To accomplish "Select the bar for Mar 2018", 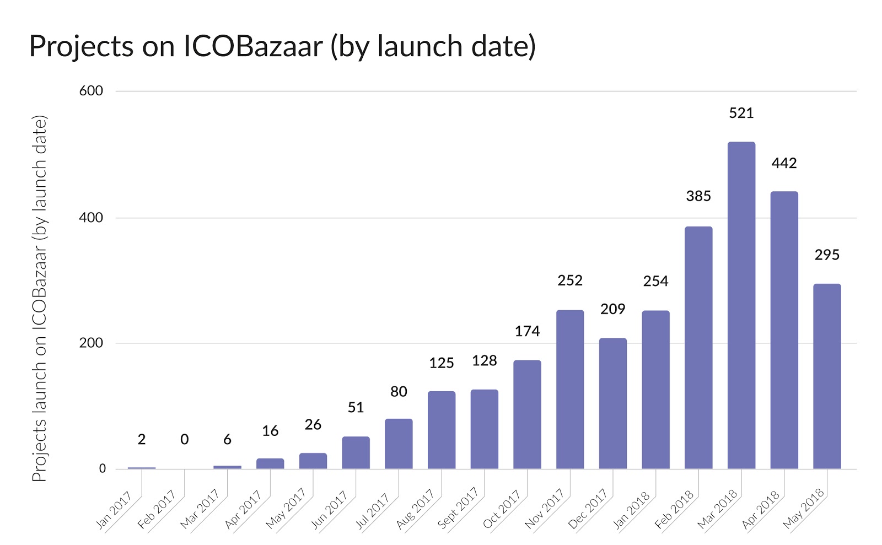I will click(x=741, y=306).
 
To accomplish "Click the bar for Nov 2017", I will click(x=569, y=390).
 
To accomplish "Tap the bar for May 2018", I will click(x=827, y=376).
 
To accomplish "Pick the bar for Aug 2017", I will click(x=441, y=430).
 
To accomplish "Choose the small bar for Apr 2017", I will click(x=270, y=463).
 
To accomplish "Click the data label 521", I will click(x=741, y=113).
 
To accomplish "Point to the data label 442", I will click(x=784, y=163).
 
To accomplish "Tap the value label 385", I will click(x=698, y=196).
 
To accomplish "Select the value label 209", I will click(x=612, y=309).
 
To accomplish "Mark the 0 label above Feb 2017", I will click(x=184, y=440).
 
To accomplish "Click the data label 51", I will click(x=356, y=408).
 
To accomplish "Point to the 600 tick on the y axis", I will click(x=91, y=91).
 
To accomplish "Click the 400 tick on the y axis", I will click(x=91, y=218).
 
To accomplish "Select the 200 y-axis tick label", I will click(x=91, y=343).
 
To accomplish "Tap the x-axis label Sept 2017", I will click(x=458, y=508).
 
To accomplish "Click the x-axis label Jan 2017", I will click(x=114, y=510).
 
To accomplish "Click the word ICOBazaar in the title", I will click(x=252, y=46).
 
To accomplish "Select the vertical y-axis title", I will click(x=39, y=298).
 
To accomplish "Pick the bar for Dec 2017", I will click(x=612, y=403).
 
